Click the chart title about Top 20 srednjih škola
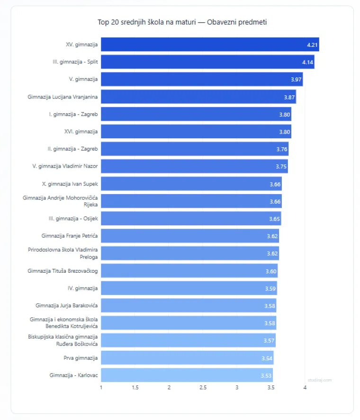(x=182, y=22)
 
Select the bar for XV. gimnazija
(x=209, y=45)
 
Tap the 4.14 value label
(x=307, y=62)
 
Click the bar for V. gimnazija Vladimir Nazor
(x=194, y=166)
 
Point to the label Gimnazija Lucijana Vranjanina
(x=63, y=97)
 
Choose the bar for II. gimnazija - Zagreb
(x=194, y=149)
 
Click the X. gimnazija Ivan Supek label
(x=70, y=184)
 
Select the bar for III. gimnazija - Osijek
(x=191, y=218)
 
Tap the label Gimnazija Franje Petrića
(x=70, y=236)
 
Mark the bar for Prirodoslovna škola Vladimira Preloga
(x=189, y=253)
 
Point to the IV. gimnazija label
(x=83, y=288)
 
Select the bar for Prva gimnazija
(x=187, y=357)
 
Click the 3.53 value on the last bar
(x=266, y=375)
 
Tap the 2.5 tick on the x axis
(x=203, y=387)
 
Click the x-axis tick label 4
(x=305, y=387)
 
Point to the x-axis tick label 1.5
(x=135, y=387)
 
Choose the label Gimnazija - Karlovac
(x=73, y=375)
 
